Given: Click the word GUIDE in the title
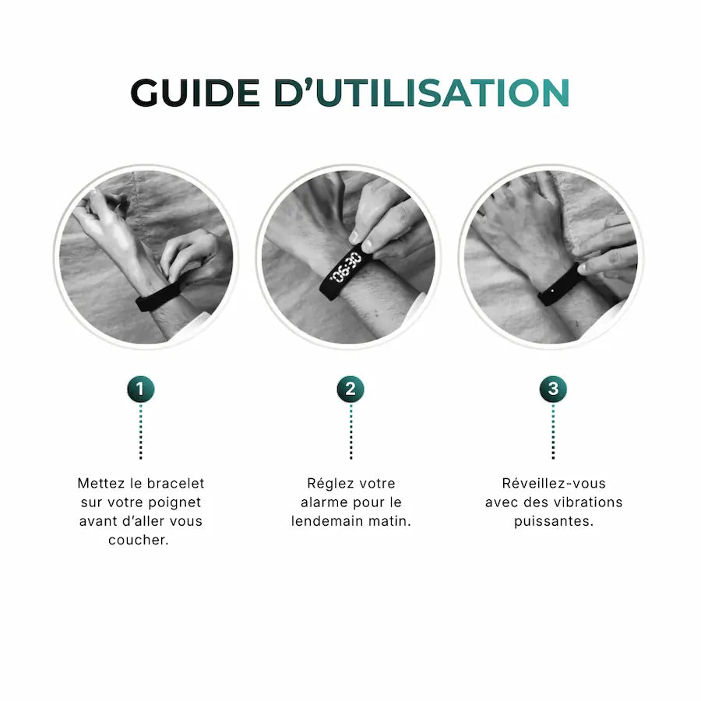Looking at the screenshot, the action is (195, 93).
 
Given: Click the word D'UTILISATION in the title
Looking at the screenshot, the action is (421, 92).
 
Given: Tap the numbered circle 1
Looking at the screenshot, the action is (141, 389).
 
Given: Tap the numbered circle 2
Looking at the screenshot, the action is (350, 389).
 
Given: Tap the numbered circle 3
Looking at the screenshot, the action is (553, 389).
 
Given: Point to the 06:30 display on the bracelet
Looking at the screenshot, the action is (346, 267).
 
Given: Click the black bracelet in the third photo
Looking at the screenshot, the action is (558, 285).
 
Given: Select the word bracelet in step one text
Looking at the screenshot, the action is (176, 483).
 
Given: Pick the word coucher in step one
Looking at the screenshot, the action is (139, 540).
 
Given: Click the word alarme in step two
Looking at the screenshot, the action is (322, 502).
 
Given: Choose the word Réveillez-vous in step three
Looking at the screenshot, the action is (554, 483).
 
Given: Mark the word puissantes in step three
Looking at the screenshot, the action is (554, 522).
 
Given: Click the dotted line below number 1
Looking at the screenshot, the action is (141, 432).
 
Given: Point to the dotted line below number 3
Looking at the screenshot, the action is (553, 432).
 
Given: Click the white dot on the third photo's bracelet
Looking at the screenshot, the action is (553, 291).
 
